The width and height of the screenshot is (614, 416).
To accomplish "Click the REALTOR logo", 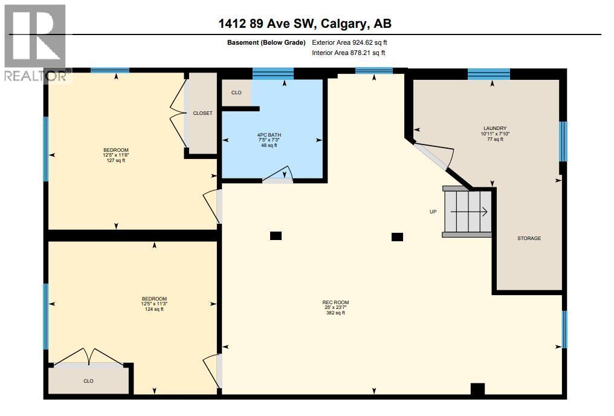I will point(34,42).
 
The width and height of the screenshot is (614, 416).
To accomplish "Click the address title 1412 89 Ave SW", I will point(305,24).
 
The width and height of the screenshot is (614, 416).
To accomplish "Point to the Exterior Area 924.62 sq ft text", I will point(349,42).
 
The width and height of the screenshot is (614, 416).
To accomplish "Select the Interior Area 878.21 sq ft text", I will point(349,53).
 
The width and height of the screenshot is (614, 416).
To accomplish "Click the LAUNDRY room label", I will point(495,128).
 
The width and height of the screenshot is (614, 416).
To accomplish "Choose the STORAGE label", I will point(529,238).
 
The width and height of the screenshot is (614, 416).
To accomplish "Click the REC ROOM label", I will point(335,302).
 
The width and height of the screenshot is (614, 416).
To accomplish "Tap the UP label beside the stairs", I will point(433,212).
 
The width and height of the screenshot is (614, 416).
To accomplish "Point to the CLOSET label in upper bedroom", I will point(202,114).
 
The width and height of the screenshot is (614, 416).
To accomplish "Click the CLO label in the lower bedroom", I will point(88,381).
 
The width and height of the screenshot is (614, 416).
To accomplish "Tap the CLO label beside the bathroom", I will point(236,93).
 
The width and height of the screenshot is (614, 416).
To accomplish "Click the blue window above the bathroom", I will point(273,74).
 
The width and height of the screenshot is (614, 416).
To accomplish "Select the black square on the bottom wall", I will point(477,390).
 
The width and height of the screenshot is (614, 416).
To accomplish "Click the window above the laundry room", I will point(488,74).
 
